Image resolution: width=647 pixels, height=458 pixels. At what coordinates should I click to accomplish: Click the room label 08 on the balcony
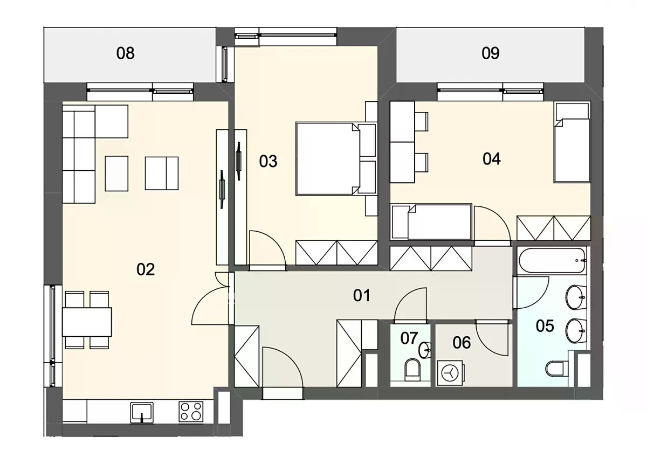click(x=125, y=53)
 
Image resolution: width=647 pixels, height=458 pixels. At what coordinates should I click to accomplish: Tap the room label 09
click(x=491, y=53)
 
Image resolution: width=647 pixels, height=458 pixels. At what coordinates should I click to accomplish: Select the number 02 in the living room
click(x=146, y=269)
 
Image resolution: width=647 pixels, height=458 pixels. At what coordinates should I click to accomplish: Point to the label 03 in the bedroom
click(x=268, y=161)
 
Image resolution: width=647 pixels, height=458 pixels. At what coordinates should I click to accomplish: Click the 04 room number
click(x=492, y=159)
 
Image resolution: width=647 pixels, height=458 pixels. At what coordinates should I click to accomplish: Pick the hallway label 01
click(x=362, y=295)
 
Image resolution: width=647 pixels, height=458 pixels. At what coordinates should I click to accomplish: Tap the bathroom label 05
click(x=545, y=326)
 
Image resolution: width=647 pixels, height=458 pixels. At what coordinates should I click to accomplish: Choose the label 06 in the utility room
click(x=462, y=343)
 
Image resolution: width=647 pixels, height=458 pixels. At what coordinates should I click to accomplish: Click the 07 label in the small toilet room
click(x=409, y=338)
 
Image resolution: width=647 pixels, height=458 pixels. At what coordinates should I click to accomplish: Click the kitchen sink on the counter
click(x=141, y=413)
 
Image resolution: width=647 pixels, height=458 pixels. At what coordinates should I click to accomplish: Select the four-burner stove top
click(x=191, y=412)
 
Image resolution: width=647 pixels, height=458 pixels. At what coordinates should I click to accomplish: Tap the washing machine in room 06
click(x=451, y=373)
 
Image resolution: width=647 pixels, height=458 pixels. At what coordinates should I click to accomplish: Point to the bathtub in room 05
click(x=552, y=261)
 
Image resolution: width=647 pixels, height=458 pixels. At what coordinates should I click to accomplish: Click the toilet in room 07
click(x=412, y=368)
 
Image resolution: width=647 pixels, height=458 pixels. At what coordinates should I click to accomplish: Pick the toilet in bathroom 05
click(x=557, y=369)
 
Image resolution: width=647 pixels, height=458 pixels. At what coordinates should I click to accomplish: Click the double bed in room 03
click(x=336, y=159)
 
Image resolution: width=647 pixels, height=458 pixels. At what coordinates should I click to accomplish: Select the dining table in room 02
click(x=87, y=322)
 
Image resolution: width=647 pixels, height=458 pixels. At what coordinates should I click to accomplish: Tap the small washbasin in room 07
click(x=425, y=350)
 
